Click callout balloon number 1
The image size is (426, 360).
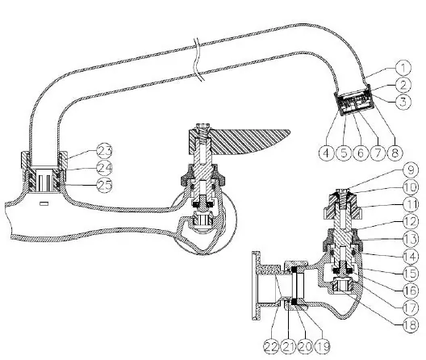[403, 68]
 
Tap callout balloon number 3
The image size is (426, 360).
[403, 102]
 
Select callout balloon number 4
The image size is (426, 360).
[326, 153]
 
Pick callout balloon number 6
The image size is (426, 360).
[361, 153]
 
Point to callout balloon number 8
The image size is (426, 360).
[395, 153]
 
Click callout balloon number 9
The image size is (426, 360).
[411, 170]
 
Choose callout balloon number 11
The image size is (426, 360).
[411, 205]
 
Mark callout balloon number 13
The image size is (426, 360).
[411, 239]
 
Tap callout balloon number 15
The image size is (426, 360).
[411, 274]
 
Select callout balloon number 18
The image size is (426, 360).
[411, 324]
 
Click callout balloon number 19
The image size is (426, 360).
[323, 346]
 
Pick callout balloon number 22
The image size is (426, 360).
[271, 346]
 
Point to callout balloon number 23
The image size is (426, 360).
[104, 151]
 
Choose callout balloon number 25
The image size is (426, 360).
[104, 185]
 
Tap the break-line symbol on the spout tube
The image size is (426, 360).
[198, 60]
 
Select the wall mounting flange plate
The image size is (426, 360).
[256, 286]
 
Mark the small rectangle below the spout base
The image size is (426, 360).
[44, 203]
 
